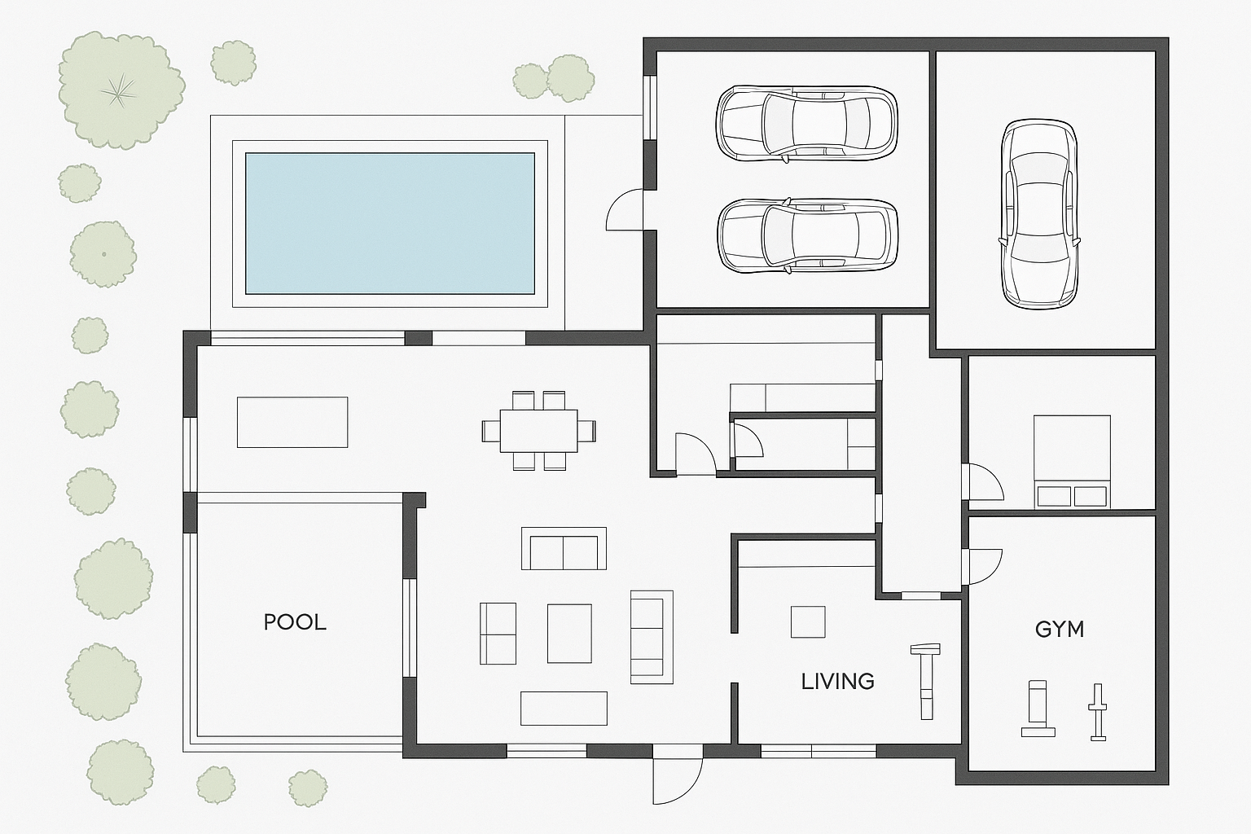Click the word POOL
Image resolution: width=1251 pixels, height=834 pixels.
tap(295, 622)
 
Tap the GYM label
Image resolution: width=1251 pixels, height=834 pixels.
tap(1060, 630)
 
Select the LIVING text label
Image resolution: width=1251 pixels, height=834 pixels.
tap(838, 682)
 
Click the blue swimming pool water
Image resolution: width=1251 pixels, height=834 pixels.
tap(390, 223)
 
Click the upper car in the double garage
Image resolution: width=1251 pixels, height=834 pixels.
tap(806, 124)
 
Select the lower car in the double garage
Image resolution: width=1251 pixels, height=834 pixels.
tap(807, 235)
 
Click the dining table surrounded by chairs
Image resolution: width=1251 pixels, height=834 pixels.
tap(538, 431)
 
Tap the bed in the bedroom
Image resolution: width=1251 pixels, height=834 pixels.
tap(1071, 462)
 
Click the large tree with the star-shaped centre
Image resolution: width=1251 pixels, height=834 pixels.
tap(120, 90)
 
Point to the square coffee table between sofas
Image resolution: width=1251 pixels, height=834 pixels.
tap(569, 634)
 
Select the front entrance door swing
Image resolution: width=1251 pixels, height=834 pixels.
tap(678, 780)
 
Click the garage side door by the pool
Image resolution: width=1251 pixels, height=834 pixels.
tap(625, 210)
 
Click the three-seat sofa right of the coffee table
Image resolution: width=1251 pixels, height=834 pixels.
tap(652, 637)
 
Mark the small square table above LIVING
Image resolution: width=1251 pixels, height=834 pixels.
tap(808, 621)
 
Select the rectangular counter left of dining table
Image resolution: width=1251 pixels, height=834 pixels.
tap(292, 423)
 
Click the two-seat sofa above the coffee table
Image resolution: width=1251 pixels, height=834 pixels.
tap(564, 548)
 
